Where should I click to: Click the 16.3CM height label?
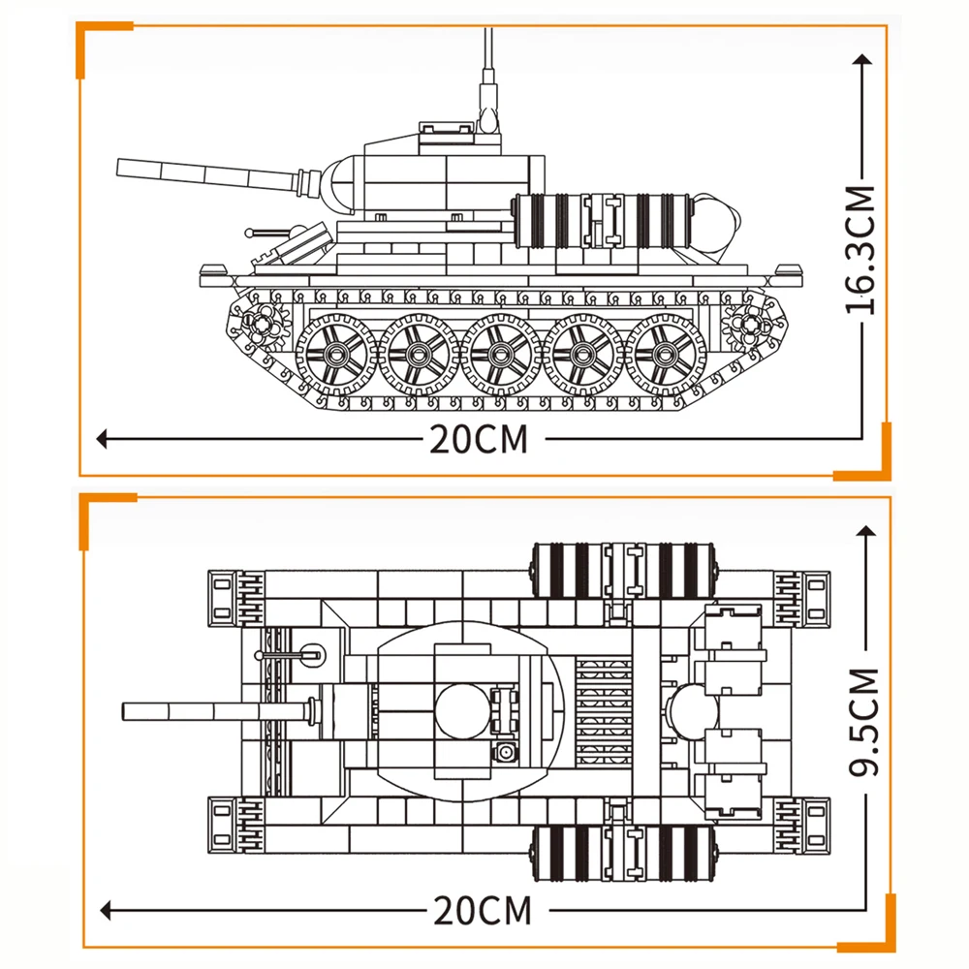tap(860, 249)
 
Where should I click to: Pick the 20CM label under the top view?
tap(483, 911)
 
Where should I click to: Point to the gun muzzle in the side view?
tap(121, 167)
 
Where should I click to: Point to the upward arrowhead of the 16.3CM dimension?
tap(861, 59)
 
